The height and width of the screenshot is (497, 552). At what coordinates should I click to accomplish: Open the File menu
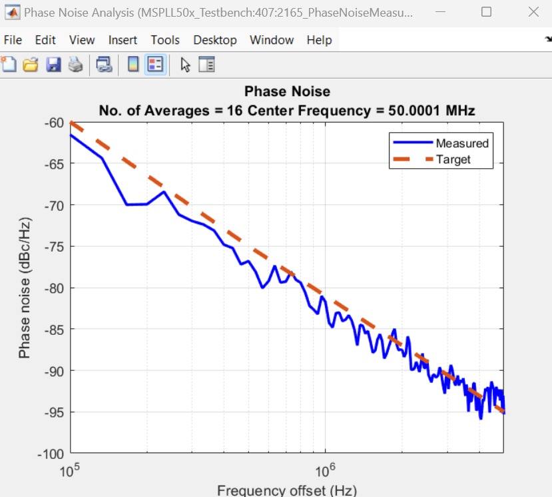point(13,40)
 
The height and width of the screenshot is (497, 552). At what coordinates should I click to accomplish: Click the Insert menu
point(123,40)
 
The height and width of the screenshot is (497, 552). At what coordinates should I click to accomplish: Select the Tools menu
point(165,40)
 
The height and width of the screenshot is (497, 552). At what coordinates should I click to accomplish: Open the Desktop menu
point(215,40)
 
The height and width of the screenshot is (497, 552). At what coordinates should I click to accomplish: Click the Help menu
point(319,40)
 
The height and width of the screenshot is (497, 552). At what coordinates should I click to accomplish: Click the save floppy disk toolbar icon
point(53,64)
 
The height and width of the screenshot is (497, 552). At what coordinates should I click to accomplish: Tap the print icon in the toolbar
point(76,64)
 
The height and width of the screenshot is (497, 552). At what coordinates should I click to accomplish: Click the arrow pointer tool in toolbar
point(185,64)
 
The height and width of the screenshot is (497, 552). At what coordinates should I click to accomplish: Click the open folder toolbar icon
point(31,64)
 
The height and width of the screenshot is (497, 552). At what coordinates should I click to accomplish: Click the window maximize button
point(486,12)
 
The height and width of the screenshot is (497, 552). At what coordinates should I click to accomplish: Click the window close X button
point(532,12)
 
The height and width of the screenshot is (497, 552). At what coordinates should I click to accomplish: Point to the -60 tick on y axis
point(54,122)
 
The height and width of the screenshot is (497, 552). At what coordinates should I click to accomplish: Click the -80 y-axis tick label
point(54,288)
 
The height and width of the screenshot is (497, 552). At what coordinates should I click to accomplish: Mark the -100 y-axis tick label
point(51,454)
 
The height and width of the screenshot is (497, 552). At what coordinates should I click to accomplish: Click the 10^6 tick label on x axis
point(325,471)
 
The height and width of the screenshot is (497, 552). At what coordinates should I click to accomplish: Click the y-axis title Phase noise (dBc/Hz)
point(25,288)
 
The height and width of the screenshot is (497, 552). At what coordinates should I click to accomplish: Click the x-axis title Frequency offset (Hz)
point(286,490)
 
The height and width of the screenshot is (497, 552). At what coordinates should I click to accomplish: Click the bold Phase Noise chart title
point(287,91)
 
